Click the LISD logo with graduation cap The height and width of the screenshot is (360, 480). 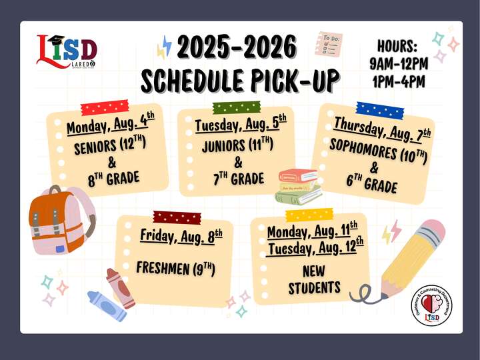[x=67, y=51]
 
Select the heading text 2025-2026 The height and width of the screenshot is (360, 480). [x=237, y=48]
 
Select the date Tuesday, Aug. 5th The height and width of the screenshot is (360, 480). [x=240, y=124]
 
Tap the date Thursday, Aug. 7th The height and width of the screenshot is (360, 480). [x=382, y=129]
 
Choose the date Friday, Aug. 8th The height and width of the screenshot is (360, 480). [x=181, y=235]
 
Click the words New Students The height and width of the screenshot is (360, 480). [x=314, y=280]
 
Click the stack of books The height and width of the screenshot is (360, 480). [x=299, y=186]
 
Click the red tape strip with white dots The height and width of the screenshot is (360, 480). [x=104, y=107]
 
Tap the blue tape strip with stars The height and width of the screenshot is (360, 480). [x=379, y=109]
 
